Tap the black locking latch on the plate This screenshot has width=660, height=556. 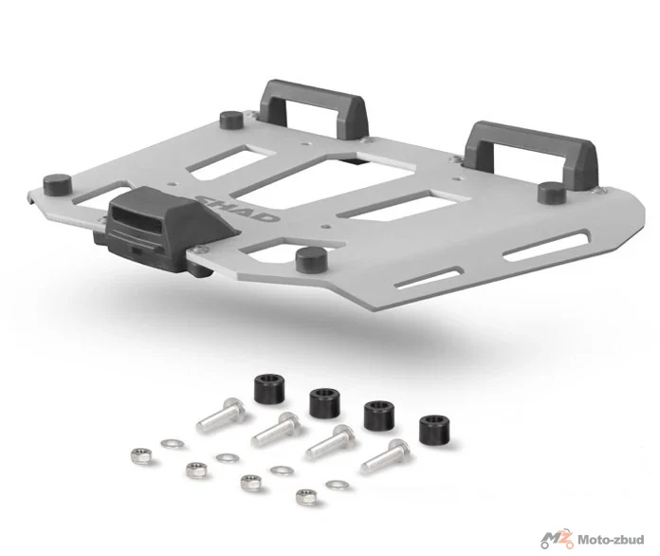[161, 231]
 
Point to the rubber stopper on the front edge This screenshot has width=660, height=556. [311, 259]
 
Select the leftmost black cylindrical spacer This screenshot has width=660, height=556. [266, 389]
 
